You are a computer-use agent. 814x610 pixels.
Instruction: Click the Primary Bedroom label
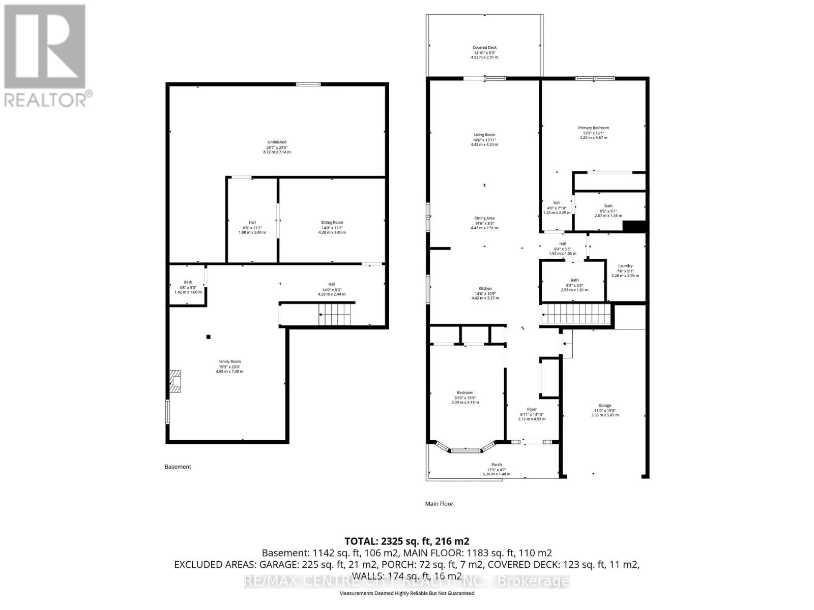click(x=593, y=128)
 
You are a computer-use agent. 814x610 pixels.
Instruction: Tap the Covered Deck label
click(x=484, y=48)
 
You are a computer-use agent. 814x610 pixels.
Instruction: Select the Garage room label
click(x=605, y=406)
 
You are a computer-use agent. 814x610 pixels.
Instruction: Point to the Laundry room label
click(x=625, y=266)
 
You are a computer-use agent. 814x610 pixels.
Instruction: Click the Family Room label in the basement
click(x=229, y=362)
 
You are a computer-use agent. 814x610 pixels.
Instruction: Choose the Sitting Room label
click(x=332, y=223)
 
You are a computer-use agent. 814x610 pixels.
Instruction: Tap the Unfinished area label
click(x=277, y=142)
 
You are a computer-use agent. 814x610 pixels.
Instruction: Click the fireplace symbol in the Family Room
click(x=175, y=381)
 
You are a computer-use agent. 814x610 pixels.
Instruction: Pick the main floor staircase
click(x=576, y=314)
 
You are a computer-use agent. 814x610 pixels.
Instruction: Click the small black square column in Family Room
click(x=208, y=337)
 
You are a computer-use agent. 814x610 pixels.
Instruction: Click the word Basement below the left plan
click(x=178, y=467)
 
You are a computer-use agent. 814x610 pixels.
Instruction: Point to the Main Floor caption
click(x=439, y=504)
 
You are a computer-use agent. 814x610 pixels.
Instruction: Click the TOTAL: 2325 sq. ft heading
click(x=406, y=541)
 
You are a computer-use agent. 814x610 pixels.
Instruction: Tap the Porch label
click(x=497, y=465)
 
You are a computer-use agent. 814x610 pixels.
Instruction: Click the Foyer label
click(x=532, y=409)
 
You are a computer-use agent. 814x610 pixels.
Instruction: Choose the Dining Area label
click(x=484, y=218)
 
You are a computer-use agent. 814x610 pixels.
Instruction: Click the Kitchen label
click(x=485, y=289)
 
